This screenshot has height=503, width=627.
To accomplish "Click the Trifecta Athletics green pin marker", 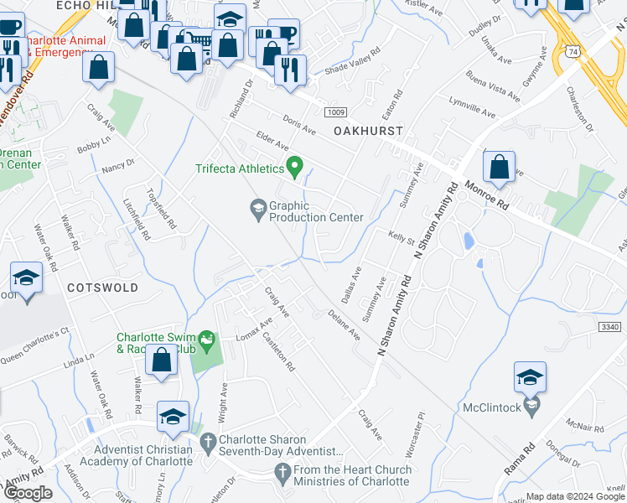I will (294, 168).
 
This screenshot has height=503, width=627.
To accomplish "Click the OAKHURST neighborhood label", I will (368, 132).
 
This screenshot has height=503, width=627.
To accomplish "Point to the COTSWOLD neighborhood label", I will (102, 287).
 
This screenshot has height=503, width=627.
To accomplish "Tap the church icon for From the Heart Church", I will (282, 475).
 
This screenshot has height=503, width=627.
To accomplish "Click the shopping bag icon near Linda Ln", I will (160, 361).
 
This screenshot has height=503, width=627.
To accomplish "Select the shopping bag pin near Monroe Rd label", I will (499, 167).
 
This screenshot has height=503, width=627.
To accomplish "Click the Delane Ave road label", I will (344, 324).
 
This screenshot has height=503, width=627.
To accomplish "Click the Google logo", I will (28, 492).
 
